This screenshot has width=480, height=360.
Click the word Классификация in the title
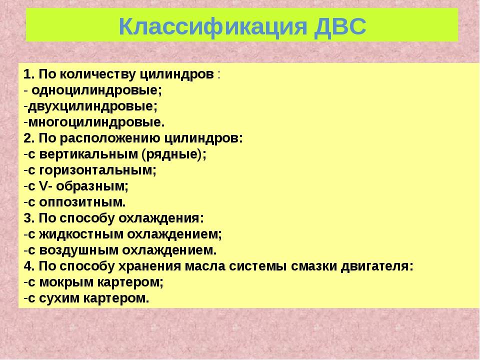(x=213, y=26)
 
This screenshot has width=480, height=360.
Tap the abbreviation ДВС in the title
(x=340, y=26)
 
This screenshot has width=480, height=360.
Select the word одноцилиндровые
(x=96, y=90)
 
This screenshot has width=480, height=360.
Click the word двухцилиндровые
(x=93, y=106)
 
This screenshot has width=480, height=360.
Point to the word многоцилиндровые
(x=96, y=122)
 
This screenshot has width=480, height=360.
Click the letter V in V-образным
(x=44, y=186)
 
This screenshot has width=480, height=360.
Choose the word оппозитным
(x=82, y=202)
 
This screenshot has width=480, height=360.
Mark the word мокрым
(x=66, y=282)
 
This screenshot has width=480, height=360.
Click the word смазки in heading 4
(x=313, y=266)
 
